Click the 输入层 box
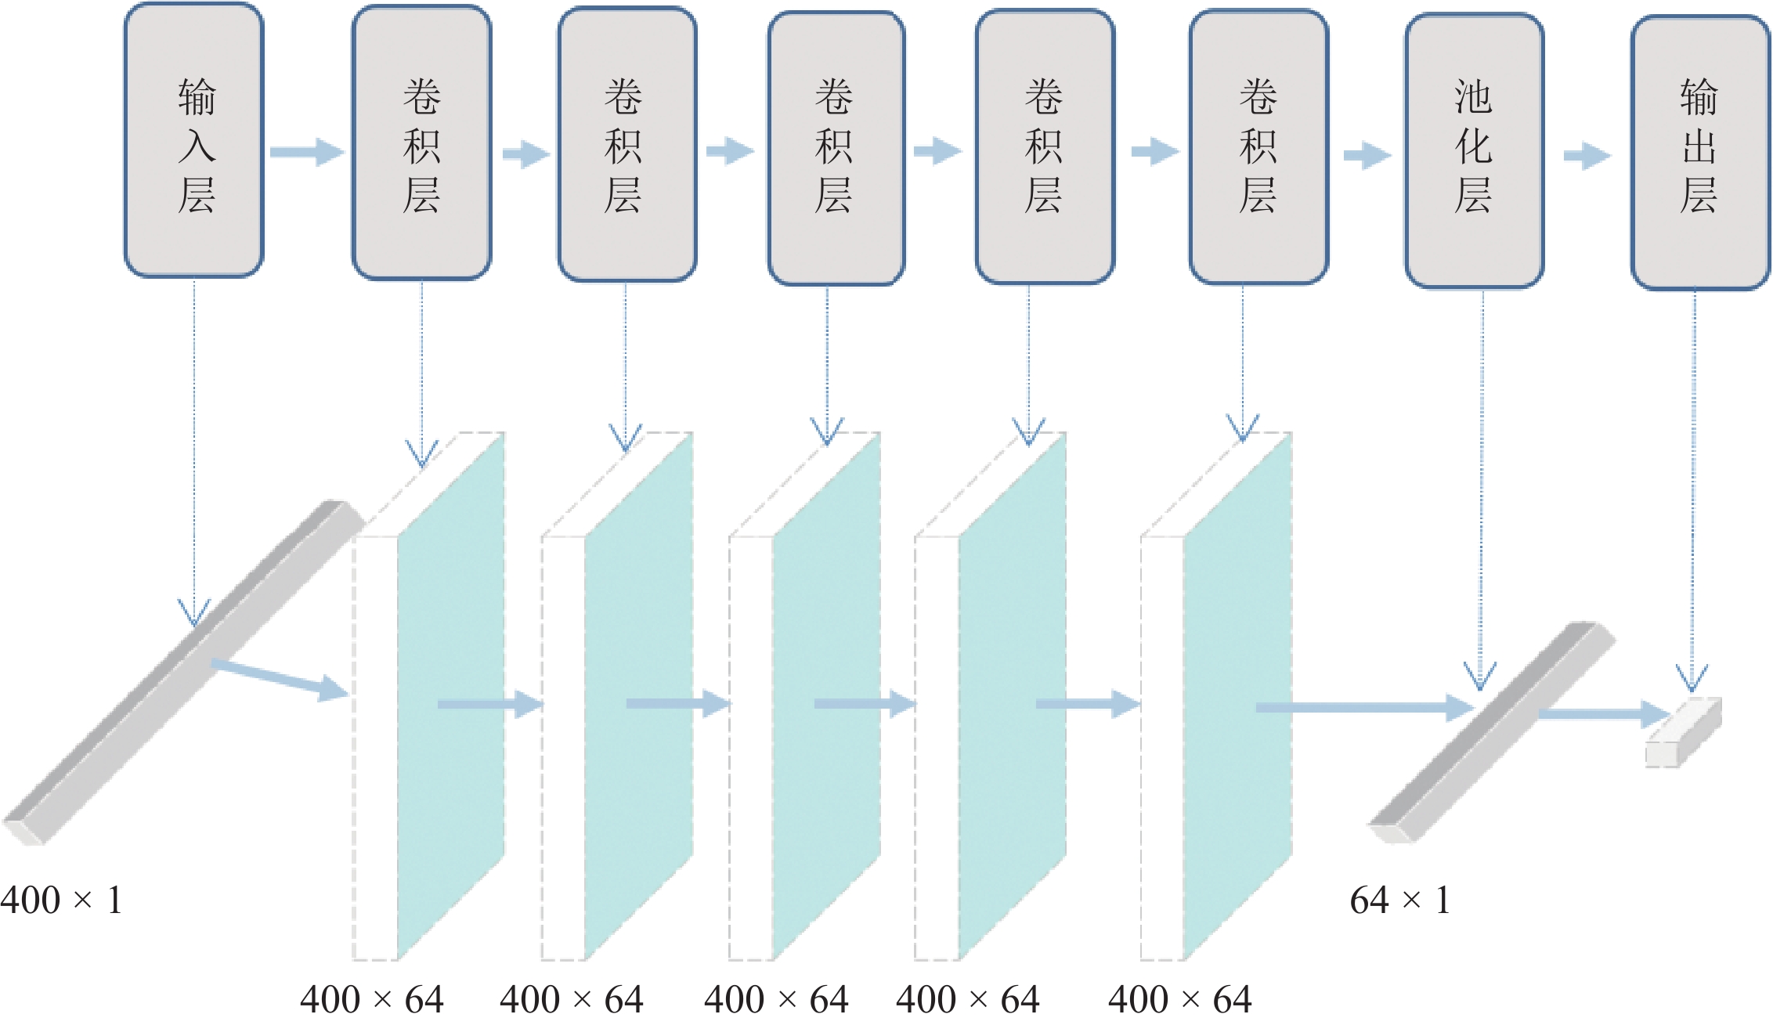tap(194, 141)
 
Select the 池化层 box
tap(1474, 150)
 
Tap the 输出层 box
tap(1699, 152)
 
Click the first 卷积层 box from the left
tap(421, 143)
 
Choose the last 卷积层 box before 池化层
tap(1258, 146)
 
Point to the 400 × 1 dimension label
tap(61, 900)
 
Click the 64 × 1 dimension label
tap(1399, 900)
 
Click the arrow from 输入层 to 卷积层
tap(307, 151)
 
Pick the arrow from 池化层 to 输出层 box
tap(1587, 155)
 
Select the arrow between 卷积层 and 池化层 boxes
tap(1367, 155)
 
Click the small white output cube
tap(1684, 732)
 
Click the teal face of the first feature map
tap(450, 697)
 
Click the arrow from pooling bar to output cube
tap(1601, 714)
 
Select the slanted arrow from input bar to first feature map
tap(279, 678)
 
